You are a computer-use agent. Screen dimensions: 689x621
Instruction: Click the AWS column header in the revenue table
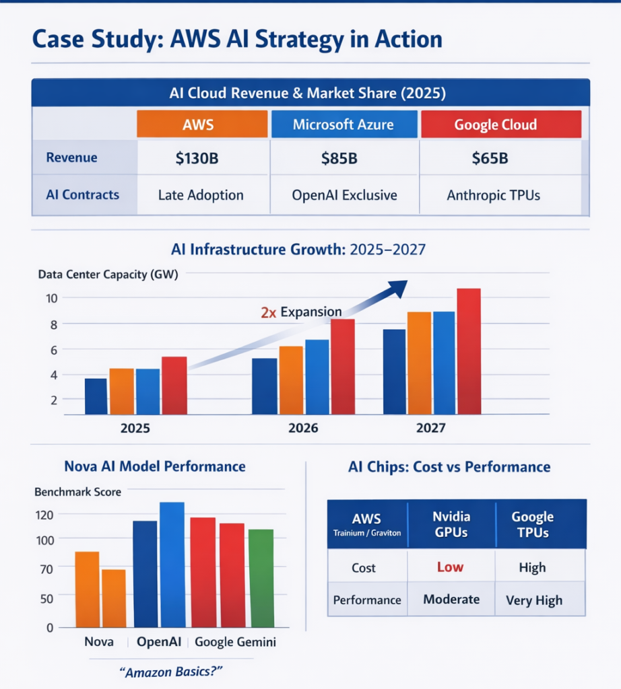point(202,124)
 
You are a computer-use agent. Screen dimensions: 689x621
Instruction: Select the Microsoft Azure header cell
point(344,124)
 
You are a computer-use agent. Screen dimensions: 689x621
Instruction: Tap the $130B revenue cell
point(202,159)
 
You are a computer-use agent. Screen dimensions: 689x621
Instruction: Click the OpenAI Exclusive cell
point(344,195)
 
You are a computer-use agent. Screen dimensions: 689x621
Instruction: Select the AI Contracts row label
point(82,195)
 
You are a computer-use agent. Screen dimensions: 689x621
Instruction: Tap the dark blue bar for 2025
point(96,396)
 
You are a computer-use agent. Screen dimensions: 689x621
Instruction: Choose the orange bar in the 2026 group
point(290,380)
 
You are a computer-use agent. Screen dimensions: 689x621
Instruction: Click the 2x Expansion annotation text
point(301,312)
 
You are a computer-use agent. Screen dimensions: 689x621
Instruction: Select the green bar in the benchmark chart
point(261,578)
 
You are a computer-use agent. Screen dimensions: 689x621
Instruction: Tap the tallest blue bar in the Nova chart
point(172,565)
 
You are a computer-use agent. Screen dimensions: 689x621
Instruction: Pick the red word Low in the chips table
point(450,567)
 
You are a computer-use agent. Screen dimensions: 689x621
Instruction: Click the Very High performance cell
point(533,600)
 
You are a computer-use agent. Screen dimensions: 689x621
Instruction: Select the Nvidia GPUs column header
point(451,524)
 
